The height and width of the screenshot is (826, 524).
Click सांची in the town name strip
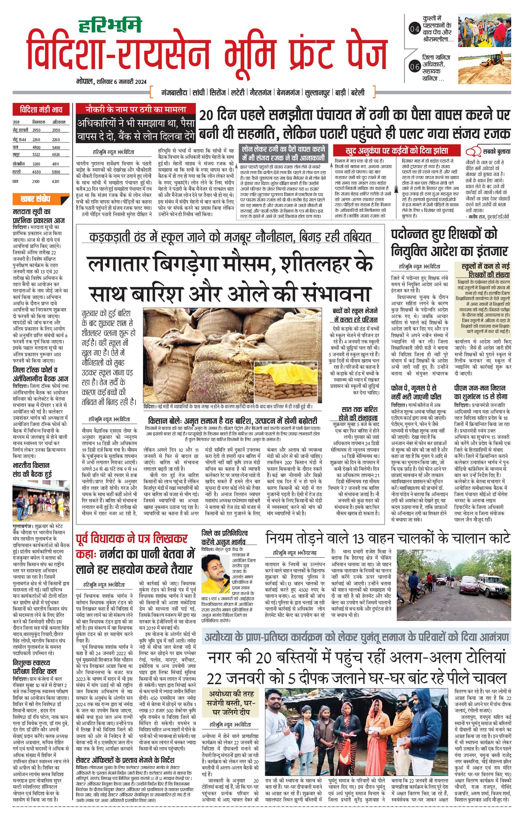pyautogui.click(x=199, y=92)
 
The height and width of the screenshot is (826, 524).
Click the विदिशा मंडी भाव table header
pyautogui.click(x=41, y=111)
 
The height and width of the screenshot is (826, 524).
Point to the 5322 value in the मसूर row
pyautogui.click(x=36, y=155)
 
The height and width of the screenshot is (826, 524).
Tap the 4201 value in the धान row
pyautogui.click(x=56, y=181)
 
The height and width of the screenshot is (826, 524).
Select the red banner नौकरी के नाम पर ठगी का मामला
pyautogui.click(x=136, y=110)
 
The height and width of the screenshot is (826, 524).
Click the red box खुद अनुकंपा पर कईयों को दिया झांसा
pyautogui.click(x=397, y=150)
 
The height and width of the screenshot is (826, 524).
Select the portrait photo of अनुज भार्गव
pyautogui.click(x=215, y=572)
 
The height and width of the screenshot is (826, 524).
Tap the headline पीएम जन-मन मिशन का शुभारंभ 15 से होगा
pyautogui.click(x=480, y=392)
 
